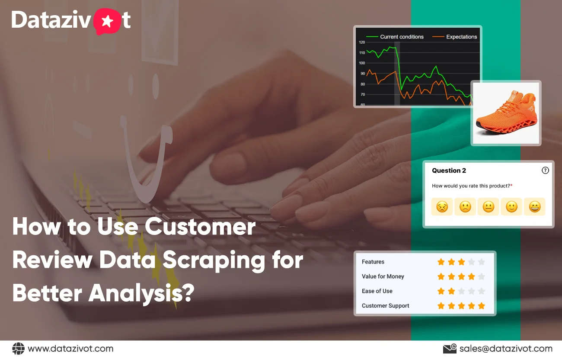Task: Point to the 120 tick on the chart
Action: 362,42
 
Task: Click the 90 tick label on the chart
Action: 362,74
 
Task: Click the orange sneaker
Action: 506,113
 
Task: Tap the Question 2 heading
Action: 449,170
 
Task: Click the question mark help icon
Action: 545,170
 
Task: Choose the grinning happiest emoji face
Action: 535,207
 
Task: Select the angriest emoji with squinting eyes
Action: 442,207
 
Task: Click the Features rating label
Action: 373,262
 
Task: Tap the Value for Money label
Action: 383,276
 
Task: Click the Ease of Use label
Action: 377,291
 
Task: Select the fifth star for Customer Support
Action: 482,306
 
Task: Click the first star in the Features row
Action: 441,262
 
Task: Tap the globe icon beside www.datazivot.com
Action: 18,348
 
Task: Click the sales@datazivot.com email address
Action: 506,349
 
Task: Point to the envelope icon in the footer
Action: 450,349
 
